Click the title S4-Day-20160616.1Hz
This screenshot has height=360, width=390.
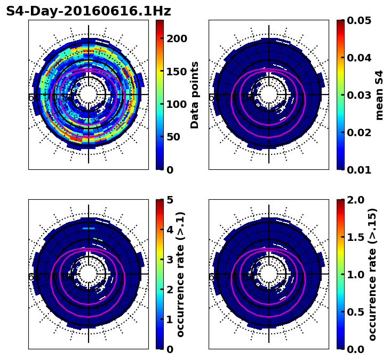(x=89, y=11)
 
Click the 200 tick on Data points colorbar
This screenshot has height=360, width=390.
(x=177, y=38)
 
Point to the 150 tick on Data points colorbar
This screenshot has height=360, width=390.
(x=177, y=72)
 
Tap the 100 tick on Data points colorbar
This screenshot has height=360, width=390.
(x=177, y=104)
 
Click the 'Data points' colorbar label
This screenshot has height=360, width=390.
(x=195, y=95)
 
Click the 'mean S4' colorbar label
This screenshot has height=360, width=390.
(x=379, y=95)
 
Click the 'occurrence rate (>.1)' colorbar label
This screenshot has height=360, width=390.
(x=180, y=275)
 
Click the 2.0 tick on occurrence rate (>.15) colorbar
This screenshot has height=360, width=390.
(x=355, y=200)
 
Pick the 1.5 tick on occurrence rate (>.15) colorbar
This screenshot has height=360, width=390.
(x=355, y=237)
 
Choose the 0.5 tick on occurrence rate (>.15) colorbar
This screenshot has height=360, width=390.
(x=355, y=312)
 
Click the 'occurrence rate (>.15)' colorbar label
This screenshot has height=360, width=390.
(x=372, y=275)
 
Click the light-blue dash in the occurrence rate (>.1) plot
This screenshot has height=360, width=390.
(x=89, y=228)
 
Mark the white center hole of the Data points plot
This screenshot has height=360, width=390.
(x=89, y=95)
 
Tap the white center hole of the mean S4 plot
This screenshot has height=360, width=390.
(x=269, y=95)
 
